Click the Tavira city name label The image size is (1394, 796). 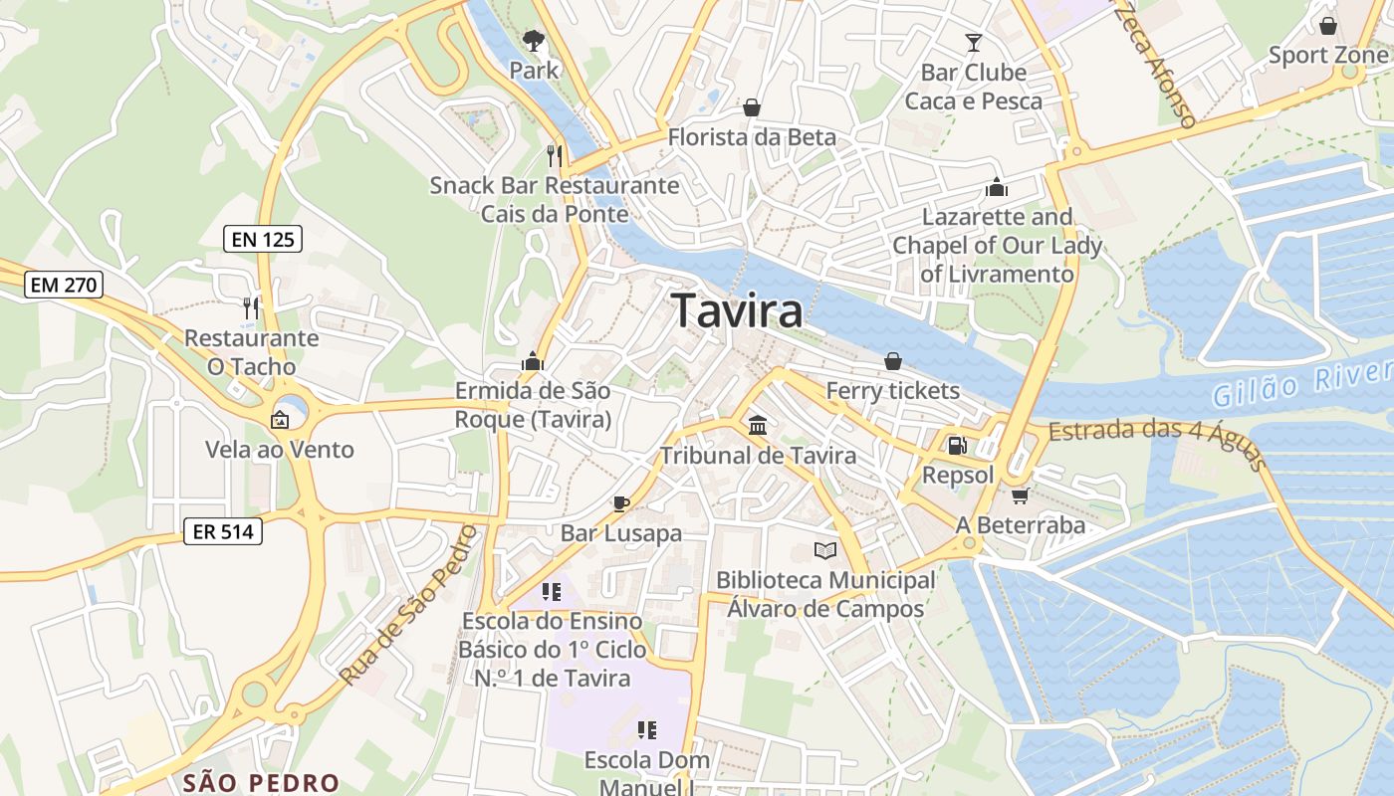(x=737, y=311)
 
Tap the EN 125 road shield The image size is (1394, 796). (x=261, y=239)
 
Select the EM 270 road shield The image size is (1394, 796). (x=64, y=285)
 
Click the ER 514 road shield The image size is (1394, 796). (x=223, y=531)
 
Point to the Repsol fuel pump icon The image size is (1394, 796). (x=958, y=445)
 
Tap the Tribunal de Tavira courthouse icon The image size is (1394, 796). (x=758, y=426)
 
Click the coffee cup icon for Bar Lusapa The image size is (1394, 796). (x=621, y=503)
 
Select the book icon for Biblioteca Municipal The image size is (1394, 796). (x=825, y=550)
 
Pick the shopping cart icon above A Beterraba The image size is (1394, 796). (x=1019, y=496)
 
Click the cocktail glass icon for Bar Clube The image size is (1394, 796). (x=974, y=43)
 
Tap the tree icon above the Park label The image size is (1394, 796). (x=534, y=41)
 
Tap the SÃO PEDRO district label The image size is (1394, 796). (x=262, y=782)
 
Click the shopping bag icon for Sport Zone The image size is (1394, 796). (x=1327, y=26)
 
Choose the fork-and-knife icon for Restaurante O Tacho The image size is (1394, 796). (x=251, y=308)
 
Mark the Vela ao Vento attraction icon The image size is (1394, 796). (x=280, y=420)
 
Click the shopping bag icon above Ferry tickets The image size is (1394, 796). (x=893, y=361)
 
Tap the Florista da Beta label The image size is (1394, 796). (x=752, y=136)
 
